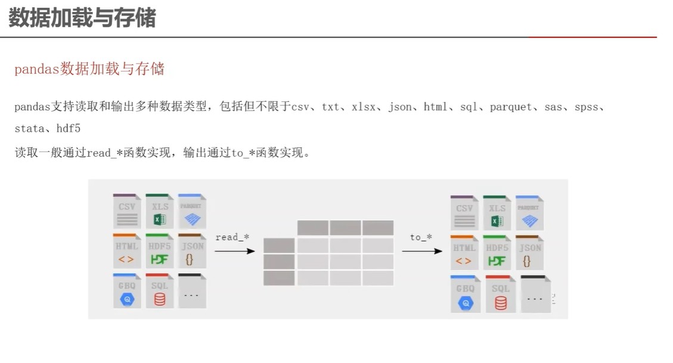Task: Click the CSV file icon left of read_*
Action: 127,211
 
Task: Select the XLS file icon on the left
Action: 159,211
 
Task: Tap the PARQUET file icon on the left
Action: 191,211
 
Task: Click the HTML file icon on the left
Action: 127,251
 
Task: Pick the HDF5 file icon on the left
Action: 159,251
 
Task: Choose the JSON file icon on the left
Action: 191,251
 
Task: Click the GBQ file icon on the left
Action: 127,291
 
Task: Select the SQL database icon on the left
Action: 159,291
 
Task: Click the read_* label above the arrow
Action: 232,237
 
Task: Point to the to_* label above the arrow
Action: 421,237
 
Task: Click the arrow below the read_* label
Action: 234,251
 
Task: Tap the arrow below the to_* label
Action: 422,251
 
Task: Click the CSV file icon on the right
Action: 464,213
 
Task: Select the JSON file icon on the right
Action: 529,253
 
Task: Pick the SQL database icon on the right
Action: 501,294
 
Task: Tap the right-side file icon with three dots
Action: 535,294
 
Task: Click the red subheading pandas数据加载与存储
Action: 89,69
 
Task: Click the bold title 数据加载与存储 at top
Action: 82,18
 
